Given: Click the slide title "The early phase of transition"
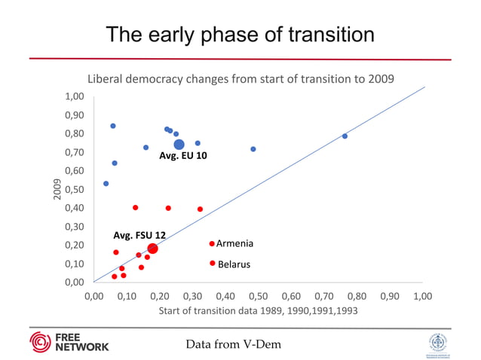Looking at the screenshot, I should point(240,35).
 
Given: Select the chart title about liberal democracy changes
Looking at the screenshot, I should point(240,78).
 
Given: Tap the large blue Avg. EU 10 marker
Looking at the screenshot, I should point(179,145).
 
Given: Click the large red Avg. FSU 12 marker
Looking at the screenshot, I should point(152,249).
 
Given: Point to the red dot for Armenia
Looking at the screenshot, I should point(212,243).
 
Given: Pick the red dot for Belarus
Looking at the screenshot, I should point(213,264).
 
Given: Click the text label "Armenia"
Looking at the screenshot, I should point(234,244).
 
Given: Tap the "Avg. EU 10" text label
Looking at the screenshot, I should point(182,157).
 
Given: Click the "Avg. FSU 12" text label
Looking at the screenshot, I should point(139,235).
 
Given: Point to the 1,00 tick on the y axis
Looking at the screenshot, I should point(73,96).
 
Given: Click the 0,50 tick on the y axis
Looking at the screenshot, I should point(73,189).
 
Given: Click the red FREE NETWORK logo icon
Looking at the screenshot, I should point(39,341).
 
